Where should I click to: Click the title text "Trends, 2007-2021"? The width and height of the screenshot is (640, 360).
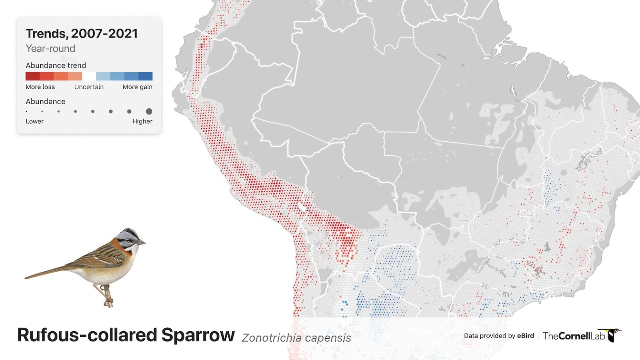point(82,34)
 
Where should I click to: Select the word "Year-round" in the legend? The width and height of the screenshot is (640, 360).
point(50,49)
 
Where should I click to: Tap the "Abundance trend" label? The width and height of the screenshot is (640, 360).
point(56,65)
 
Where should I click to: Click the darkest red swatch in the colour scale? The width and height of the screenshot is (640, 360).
point(32,76)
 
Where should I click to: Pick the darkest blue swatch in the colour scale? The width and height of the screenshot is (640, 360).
point(145,76)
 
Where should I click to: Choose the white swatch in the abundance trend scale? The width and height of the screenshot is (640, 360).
point(89,76)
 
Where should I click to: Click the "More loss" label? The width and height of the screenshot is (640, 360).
point(40,87)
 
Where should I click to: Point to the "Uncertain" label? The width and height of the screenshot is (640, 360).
point(89,87)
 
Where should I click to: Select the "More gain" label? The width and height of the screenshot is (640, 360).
point(137,87)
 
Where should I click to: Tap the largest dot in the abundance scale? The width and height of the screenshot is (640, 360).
point(149,111)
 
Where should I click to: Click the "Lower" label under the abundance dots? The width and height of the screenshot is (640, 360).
point(35,121)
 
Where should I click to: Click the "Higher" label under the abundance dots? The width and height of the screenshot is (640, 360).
point(142,121)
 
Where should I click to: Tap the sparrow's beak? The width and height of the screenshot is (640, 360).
point(142,242)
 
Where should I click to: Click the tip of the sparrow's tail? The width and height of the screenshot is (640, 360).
point(26,277)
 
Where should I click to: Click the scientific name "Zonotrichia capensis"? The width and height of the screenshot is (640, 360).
point(296,337)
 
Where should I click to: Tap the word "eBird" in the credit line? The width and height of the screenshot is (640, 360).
point(525,336)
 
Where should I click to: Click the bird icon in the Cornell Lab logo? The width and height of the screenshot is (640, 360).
point(613,335)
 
